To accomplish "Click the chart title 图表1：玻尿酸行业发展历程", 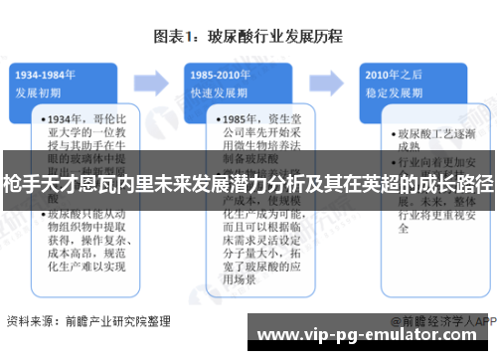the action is (x=248, y=38).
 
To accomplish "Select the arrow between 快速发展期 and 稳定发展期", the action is (x=332, y=81).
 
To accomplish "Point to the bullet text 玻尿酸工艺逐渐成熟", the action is (x=433, y=139).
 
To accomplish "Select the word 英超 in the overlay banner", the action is (x=364, y=184).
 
